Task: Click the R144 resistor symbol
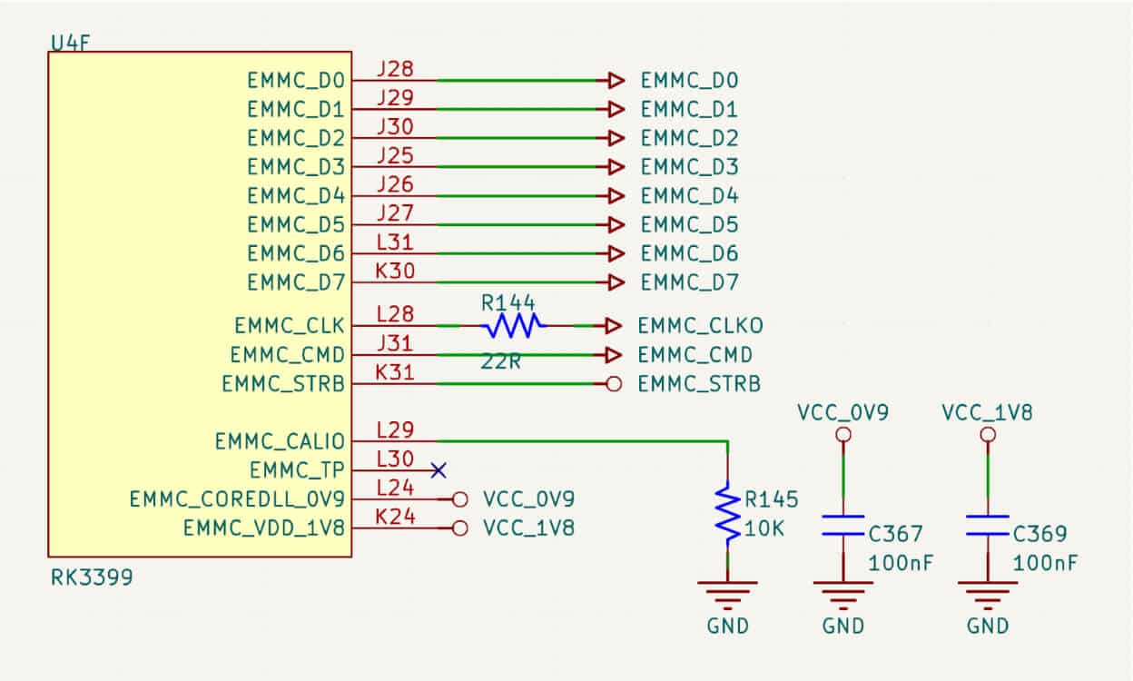[x=513, y=324]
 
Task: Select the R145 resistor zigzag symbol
[x=727, y=513]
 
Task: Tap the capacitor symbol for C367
[x=843, y=526]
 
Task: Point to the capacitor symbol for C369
[x=988, y=526]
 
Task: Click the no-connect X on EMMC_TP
[x=438, y=470]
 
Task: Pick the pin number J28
[x=395, y=68]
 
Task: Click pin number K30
[x=395, y=270]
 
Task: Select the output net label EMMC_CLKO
[x=700, y=325]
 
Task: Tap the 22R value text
[x=501, y=361]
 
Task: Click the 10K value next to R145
[x=765, y=528]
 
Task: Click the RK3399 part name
[x=91, y=577]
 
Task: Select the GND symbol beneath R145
[x=727, y=595]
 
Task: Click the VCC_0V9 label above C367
[x=842, y=412]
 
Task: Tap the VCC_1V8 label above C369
[x=988, y=412]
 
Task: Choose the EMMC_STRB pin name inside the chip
[x=282, y=384]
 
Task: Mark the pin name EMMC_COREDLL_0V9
[x=237, y=499]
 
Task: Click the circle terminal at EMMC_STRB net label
[x=614, y=384]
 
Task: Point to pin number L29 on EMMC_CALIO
[x=395, y=429]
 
